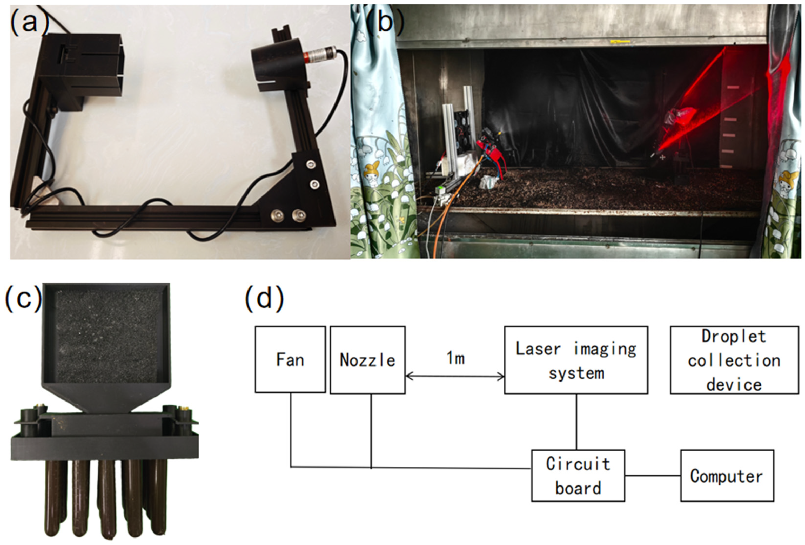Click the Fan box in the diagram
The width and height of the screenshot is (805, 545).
[x=290, y=359]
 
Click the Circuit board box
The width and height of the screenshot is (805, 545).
[x=578, y=475]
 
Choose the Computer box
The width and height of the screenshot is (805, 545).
[x=727, y=476]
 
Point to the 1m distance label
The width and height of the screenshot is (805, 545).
[x=455, y=358]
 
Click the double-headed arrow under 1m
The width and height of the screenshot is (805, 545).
[x=454, y=376]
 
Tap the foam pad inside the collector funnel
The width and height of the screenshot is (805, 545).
[x=108, y=336]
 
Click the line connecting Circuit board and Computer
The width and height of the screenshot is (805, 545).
[x=653, y=475]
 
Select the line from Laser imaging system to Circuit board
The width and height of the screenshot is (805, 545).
[x=576, y=422]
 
